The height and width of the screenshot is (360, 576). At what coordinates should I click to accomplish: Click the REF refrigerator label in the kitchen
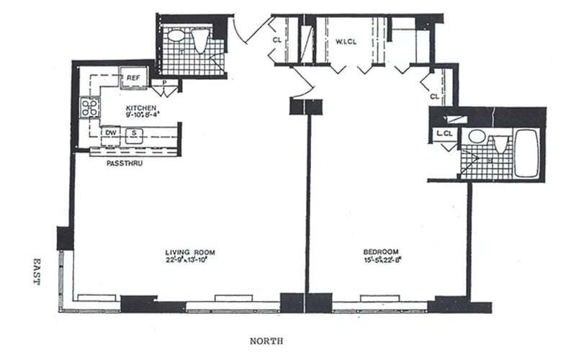(133, 78)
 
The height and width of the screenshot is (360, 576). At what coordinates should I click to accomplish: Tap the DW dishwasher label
(111, 132)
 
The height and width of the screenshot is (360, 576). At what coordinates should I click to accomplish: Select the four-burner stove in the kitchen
(90, 108)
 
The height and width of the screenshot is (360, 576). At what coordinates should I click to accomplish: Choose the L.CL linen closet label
(444, 133)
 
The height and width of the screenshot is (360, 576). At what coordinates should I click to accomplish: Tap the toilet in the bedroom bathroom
(500, 141)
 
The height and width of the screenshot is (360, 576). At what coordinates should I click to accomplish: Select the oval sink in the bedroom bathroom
(476, 136)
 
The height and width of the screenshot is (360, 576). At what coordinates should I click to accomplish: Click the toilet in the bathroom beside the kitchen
(200, 40)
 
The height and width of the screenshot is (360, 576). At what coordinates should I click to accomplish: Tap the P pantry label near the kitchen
(165, 83)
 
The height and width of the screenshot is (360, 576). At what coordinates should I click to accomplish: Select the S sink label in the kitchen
(133, 132)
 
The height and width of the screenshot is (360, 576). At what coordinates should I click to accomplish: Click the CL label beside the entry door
(277, 40)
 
